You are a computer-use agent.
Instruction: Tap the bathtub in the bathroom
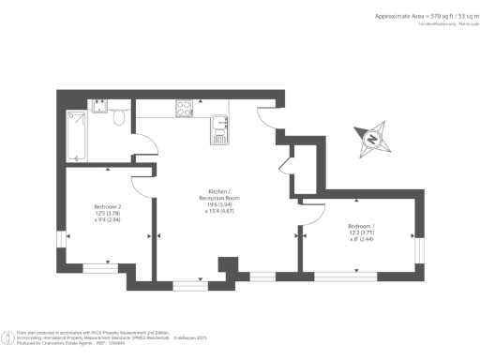pos(78,137)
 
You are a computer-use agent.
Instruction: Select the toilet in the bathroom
pos(117,122)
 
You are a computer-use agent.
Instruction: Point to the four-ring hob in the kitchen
pos(184,110)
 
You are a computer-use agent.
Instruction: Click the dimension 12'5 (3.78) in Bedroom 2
pos(108,213)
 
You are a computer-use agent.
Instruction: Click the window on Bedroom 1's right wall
pos(419,245)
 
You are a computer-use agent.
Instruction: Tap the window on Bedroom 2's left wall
pos(62,238)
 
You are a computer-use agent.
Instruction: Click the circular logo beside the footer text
pos(8,335)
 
